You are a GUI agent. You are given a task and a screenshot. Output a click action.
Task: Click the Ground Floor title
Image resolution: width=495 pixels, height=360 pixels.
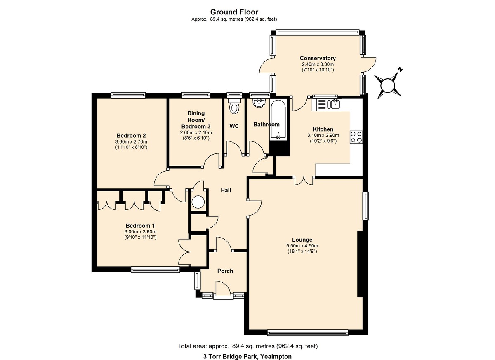tap(234, 12)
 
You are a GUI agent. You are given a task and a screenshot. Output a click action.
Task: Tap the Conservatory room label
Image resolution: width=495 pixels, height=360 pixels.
tap(318, 58)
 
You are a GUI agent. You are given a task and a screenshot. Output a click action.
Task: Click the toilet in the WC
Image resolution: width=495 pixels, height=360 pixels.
tap(234, 106)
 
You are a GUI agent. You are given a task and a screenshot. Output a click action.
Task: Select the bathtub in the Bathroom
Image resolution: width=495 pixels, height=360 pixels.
tap(278, 120)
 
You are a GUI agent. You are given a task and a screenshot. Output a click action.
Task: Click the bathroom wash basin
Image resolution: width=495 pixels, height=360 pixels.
tap(259, 103)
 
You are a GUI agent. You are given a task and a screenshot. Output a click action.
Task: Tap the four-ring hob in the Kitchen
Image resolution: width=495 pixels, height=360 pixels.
tap(356, 137)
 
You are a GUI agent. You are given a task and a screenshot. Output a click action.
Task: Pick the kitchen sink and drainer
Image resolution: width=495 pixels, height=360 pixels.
tap(329, 104)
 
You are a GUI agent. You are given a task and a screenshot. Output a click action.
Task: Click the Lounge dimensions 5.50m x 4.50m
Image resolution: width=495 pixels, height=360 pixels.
tap(302, 246)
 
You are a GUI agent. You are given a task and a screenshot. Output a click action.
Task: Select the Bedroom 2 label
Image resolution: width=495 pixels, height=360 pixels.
tap(131, 136)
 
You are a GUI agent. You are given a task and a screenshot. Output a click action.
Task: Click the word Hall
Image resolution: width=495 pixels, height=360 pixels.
tap(226, 190)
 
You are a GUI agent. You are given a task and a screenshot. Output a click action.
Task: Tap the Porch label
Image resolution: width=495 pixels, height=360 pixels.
tap(225, 271)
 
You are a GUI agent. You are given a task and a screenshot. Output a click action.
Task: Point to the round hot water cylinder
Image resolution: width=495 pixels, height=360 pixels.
tap(198, 202)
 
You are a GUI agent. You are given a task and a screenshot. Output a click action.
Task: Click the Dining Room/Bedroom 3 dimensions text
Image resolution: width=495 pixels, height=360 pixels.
tap(196, 132)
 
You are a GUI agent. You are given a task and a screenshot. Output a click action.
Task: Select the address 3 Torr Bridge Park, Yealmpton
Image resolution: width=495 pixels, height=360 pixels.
tap(247, 350)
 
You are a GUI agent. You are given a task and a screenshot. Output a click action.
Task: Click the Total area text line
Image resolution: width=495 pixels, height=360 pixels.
tap(247, 340)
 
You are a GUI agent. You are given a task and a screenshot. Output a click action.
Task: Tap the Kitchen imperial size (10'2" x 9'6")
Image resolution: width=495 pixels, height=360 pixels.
tap(323, 141)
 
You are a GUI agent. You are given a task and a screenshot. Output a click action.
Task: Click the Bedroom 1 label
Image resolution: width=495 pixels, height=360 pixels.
tap(140, 226)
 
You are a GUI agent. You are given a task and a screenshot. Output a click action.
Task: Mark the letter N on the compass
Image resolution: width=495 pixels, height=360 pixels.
tap(400, 70)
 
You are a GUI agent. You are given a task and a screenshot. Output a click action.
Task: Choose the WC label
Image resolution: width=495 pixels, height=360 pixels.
tap(234, 126)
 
